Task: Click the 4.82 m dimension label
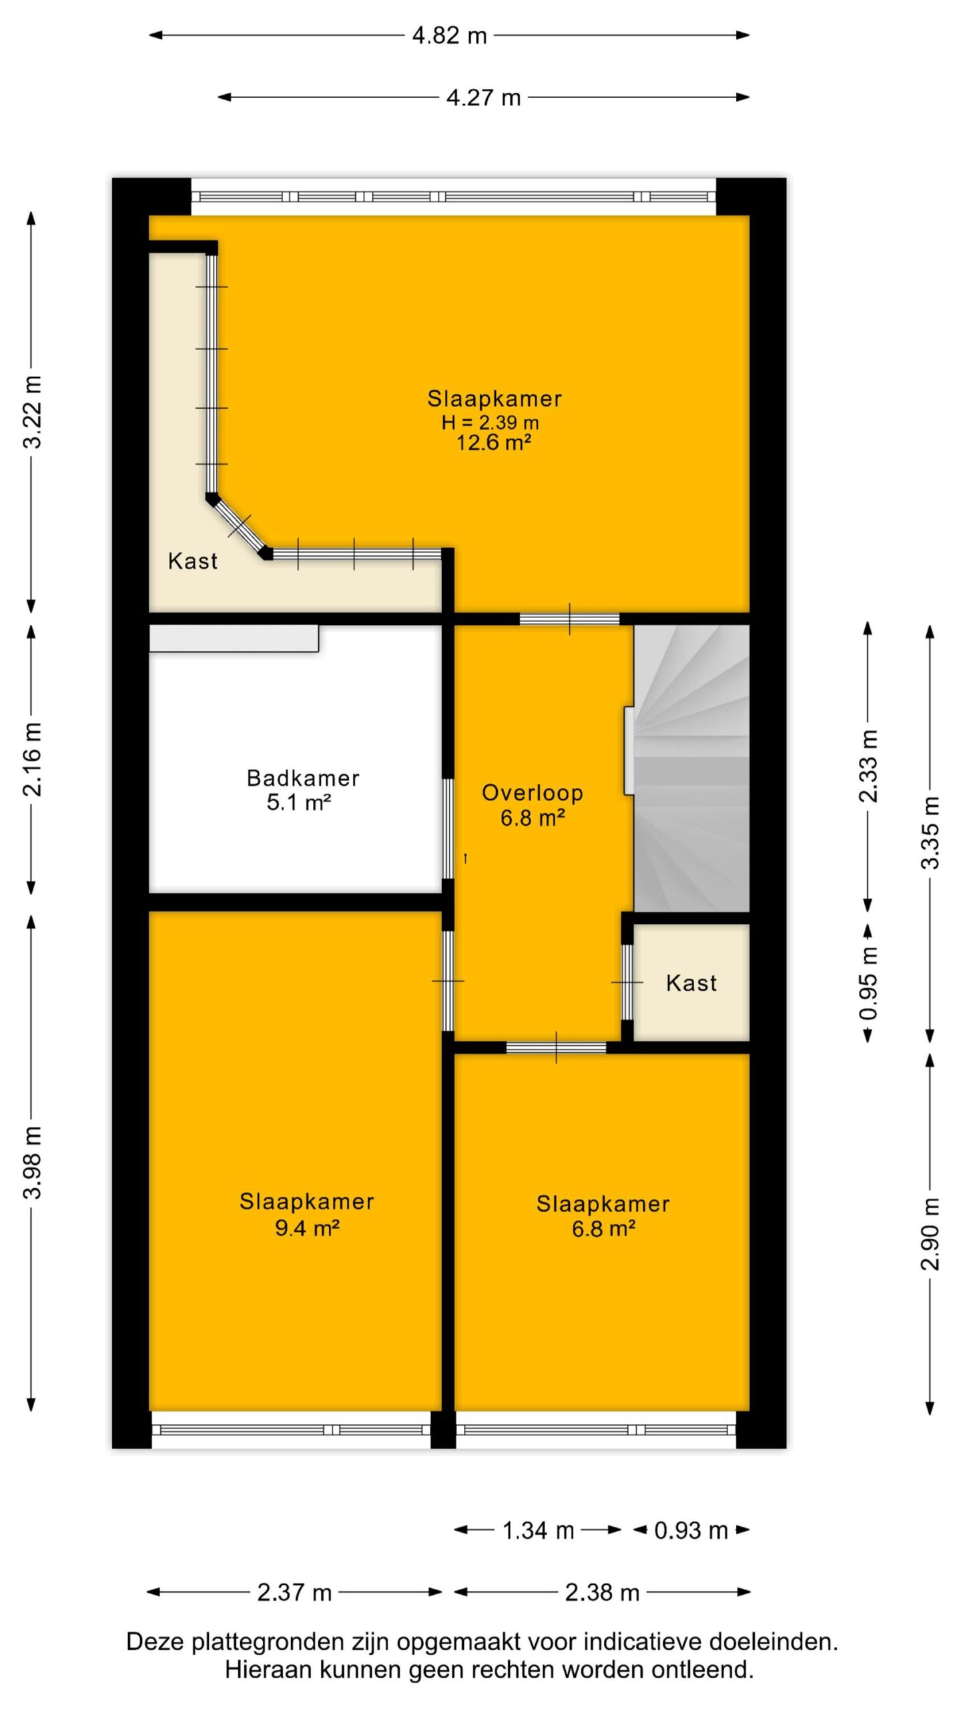coord(449,35)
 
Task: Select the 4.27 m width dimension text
coord(483,97)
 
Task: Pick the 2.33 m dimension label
coord(869,766)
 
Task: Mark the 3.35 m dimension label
coord(930,832)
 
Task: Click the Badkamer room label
coord(303,778)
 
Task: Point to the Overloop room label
coord(533,793)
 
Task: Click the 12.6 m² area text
coord(494,443)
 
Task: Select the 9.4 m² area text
coord(307,1228)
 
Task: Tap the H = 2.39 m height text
coord(491,423)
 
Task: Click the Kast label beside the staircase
coord(691,983)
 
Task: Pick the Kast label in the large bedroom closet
coord(193,561)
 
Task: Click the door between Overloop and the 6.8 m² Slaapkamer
coord(556,1047)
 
